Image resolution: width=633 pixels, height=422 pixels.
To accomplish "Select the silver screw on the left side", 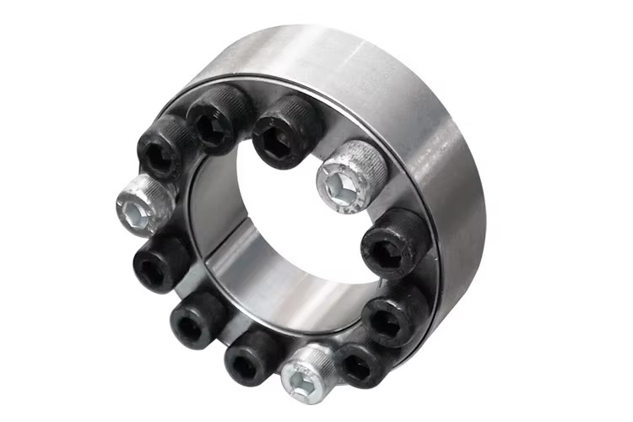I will click(144, 207).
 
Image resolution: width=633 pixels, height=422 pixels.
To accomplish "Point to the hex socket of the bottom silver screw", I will click(301, 381).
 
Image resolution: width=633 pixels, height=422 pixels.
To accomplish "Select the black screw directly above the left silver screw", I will click(165, 146).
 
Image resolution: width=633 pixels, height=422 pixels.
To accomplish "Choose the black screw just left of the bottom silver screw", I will click(252, 356).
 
